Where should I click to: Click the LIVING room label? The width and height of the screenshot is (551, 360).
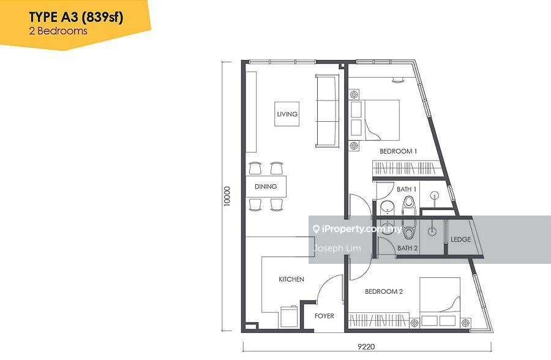pyautogui.click(x=287, y=114)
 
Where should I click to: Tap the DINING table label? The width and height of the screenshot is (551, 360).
pyautogui.click(x=266, y=186)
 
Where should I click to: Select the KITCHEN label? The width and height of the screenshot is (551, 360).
pyautogui.click(x=291, y=279)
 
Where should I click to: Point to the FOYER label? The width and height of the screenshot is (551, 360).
pyautogui.click(x=324, y=316)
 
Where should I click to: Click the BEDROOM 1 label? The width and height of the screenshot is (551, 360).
pyautogui.click(x=398, y=151)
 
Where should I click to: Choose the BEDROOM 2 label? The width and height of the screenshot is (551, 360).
pyautogui.click(x=384, y=291)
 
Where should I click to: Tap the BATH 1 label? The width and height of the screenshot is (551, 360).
pyautogui.click(x=407, y=189)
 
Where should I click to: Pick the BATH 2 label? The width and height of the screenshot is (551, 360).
pyautogui.click(x=408, y=248)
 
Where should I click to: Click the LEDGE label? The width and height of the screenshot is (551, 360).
pyautogui.click(x=460, y=239)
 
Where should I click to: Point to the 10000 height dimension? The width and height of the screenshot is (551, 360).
pyautogui.click(x=227, y=196)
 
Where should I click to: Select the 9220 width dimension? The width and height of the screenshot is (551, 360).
pyautogui.click(x=366, y=347)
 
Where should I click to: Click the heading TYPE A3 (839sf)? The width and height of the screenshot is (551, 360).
pyautogui.click(x=76, y=17)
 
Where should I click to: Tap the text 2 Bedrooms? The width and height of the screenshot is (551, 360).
pyautogui.click(x=58, y=31)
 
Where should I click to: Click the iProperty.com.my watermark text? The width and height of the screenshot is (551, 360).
pyautogui.click(x=358, y=229)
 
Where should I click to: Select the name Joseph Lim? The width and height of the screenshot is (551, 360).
pyautogui.click(x=337, y=248)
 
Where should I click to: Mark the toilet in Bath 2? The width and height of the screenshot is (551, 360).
pyautogui.click(x=409, y=229)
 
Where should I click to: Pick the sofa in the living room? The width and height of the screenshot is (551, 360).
pyautogui.click(x=327, y=111)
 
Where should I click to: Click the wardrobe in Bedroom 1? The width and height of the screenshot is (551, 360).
pyautogui.click(x=407, y=168)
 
